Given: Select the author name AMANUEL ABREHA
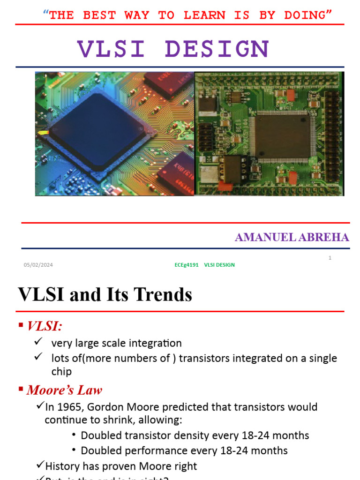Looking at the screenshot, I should coord(292,237).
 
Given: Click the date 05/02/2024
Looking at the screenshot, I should coord(38,265).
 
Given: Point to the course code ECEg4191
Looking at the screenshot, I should coord(186,265).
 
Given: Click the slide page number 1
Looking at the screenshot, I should coord(330,258).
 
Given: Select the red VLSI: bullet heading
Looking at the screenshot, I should coord(45,326).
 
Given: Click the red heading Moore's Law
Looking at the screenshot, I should coord(64,390).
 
